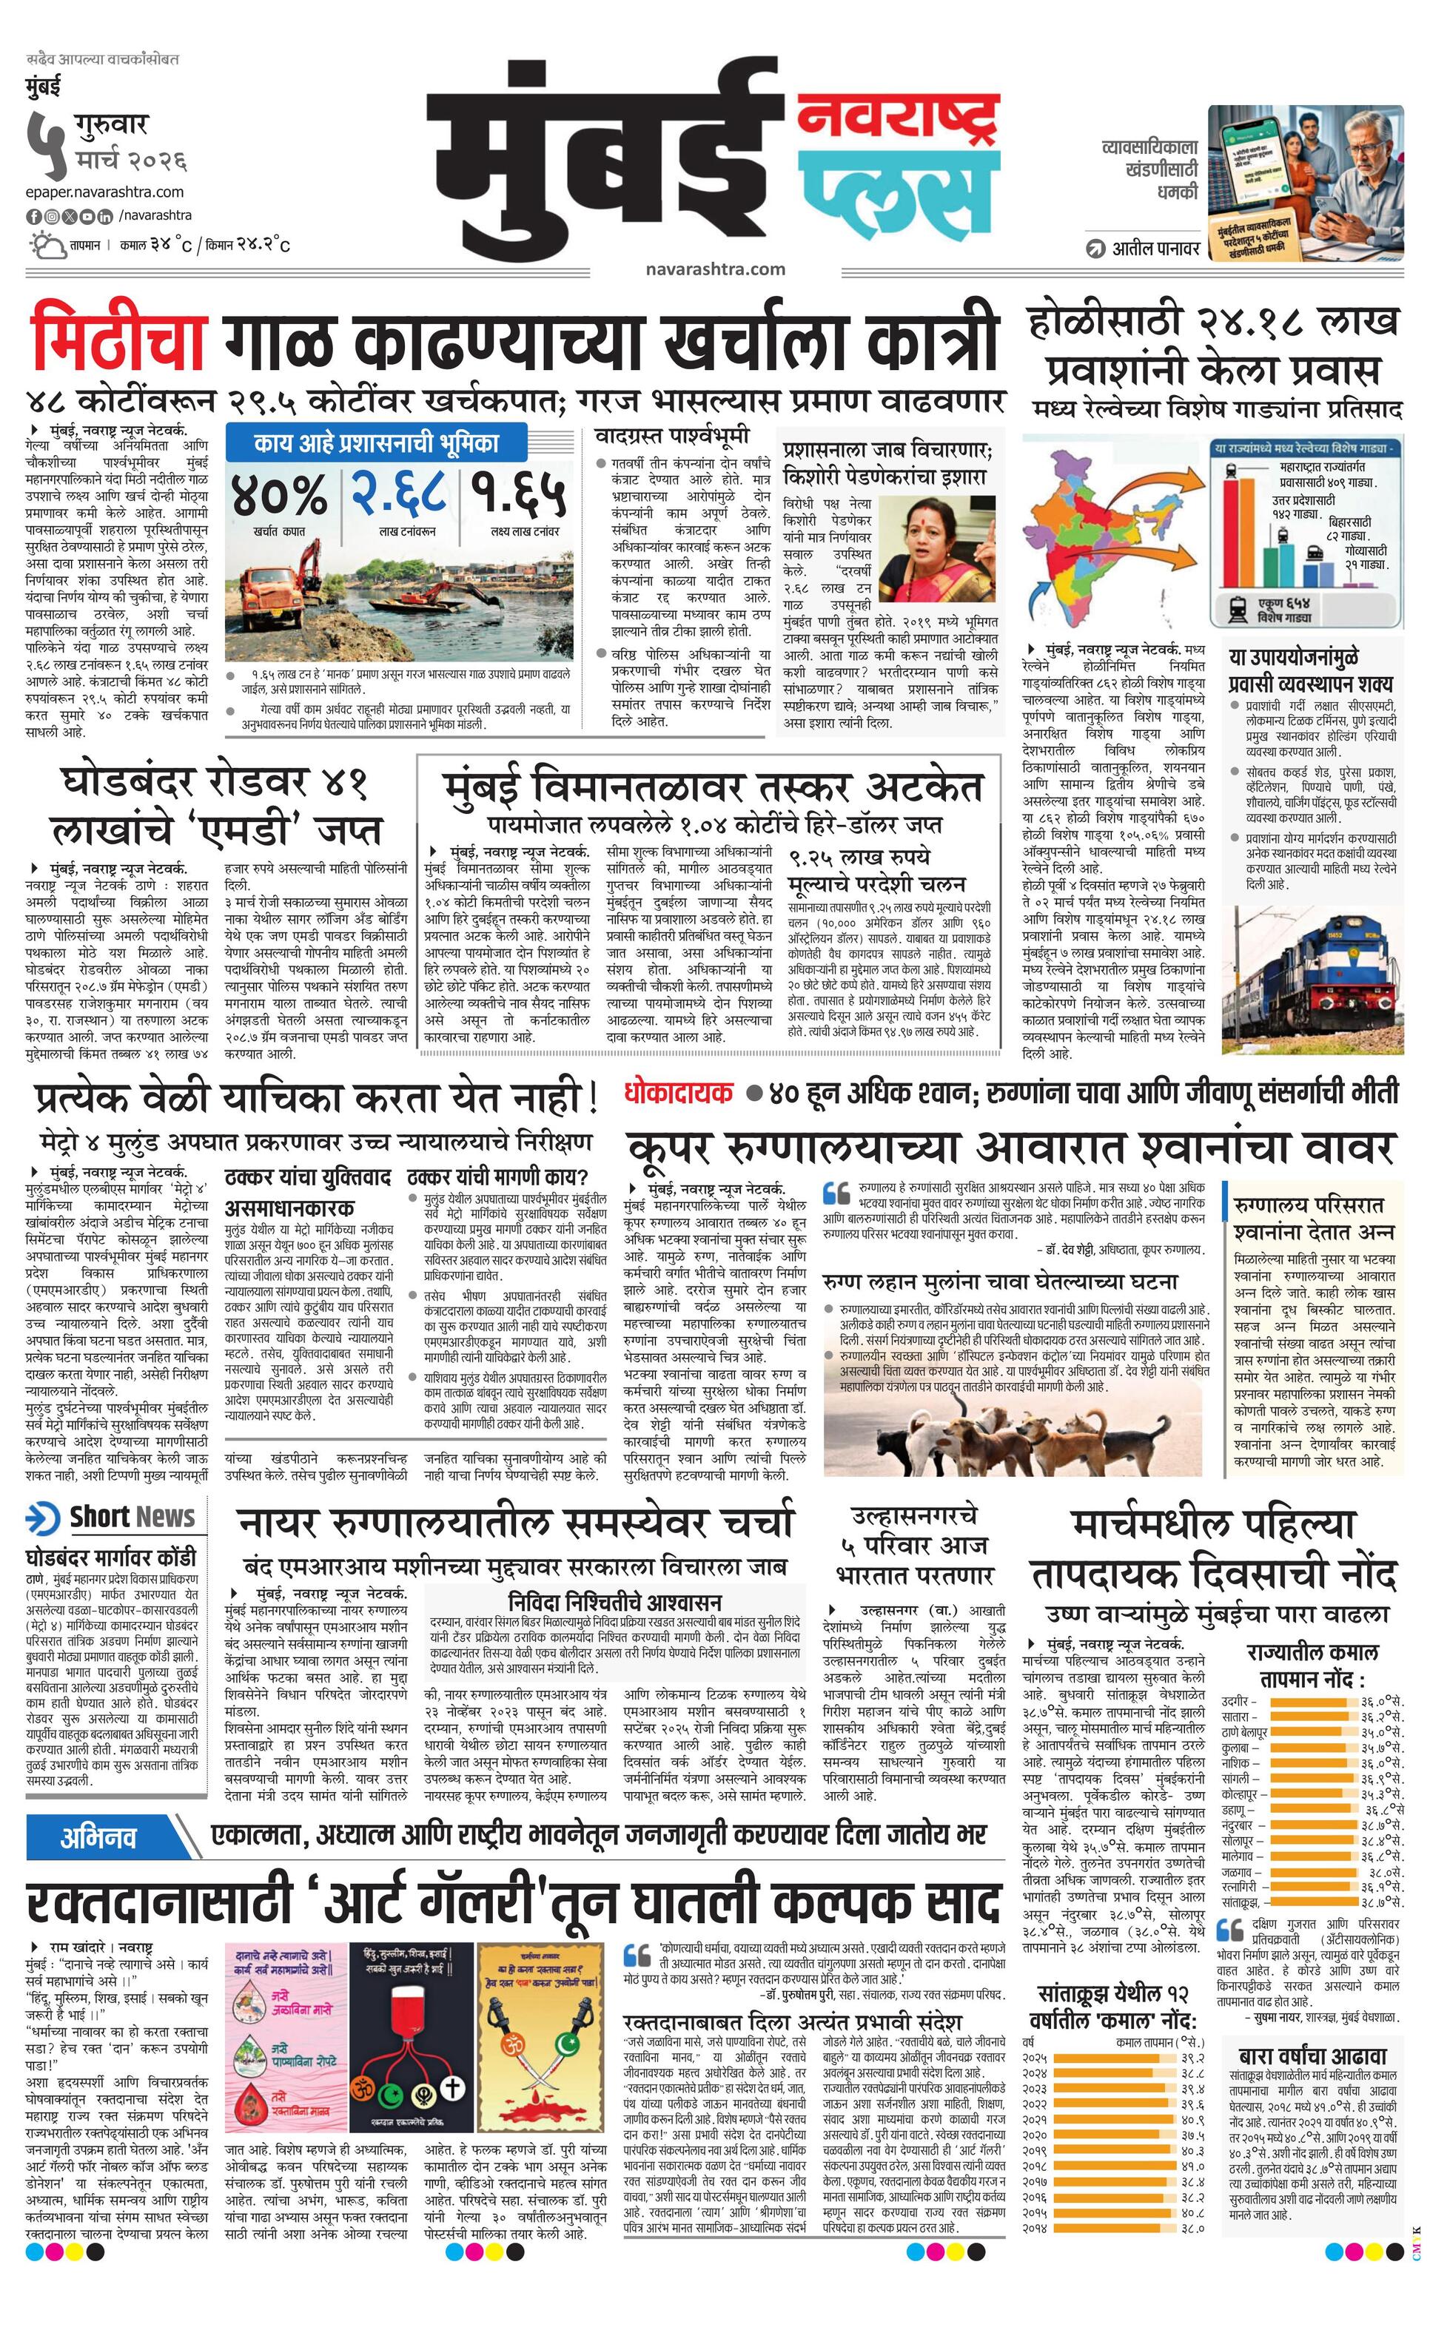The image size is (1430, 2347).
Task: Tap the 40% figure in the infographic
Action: [278, 494]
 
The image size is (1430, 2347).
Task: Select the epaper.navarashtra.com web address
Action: [106, 192]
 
